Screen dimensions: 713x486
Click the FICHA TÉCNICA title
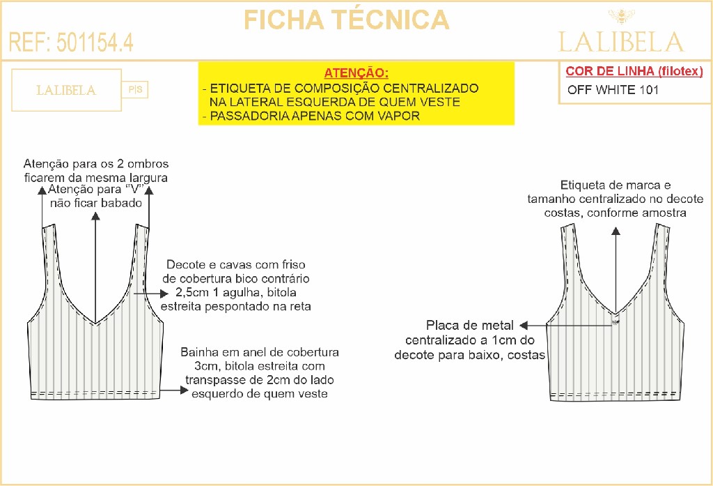click(x=347, y=20)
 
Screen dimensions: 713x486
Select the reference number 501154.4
click(x=95, y=43)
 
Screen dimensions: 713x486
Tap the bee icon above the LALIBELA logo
click(x=621, y=17)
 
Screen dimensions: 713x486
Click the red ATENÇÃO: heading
click(x=356, y=73)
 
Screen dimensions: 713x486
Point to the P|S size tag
click(x=135, y=89)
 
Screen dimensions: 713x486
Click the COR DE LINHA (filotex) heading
click(x=634, y=71)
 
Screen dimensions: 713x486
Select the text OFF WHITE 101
click(x=613, y=90)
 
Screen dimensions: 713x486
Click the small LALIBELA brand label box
click(x=66, y=90)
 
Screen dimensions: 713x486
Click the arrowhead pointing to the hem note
click(x=184, y=390)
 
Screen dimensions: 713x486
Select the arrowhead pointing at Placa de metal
click(x=524, y=325)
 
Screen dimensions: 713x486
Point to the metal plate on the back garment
click(x=616, y=322)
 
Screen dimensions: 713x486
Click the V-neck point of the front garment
click(x=95, y=324)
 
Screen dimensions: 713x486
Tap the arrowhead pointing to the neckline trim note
click(x=164, y=294)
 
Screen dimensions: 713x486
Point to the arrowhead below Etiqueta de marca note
click(x=616, y=231)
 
